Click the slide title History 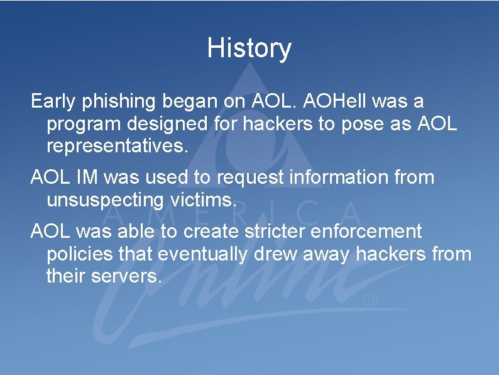click(249, 48)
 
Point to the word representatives click(117, 147)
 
